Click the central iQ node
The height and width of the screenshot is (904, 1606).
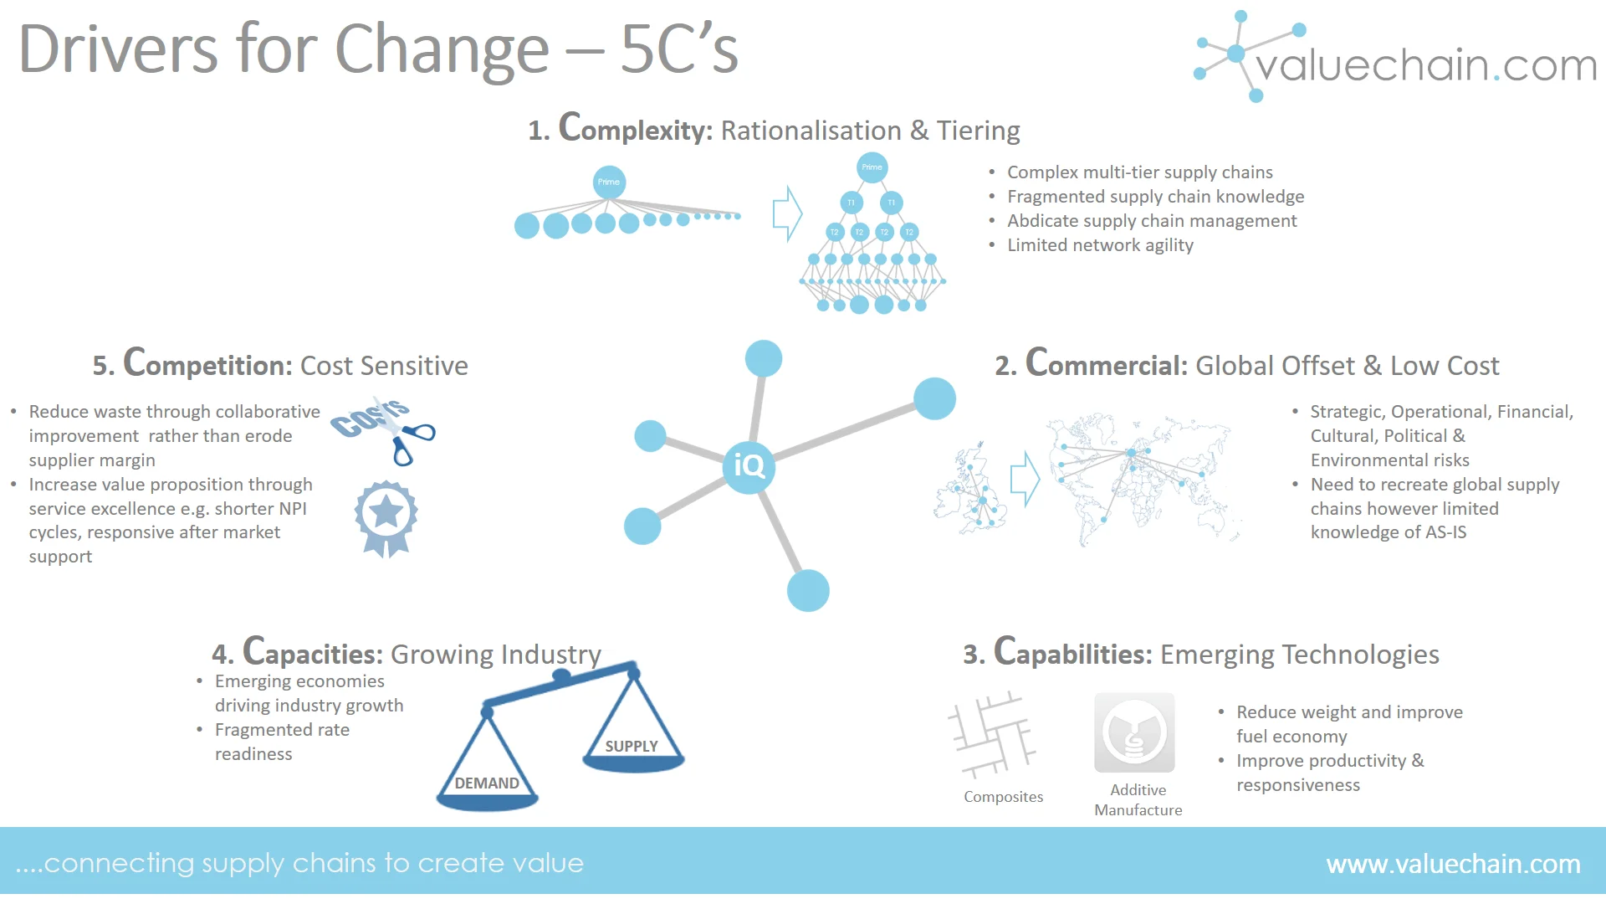[x=749, y=466]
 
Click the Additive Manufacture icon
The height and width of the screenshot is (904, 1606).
[x=1134, y=732]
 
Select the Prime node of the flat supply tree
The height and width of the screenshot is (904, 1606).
[x=609, y=182]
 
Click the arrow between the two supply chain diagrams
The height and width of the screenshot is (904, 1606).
[x=786, y=213]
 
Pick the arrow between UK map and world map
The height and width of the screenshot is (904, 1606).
[x=1025, y=480]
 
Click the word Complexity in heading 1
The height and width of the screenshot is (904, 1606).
[x=636, y=129]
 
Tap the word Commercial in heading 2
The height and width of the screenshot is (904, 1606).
[x=1107, y=364]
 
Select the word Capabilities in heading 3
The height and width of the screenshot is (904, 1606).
[x=1073, y=653]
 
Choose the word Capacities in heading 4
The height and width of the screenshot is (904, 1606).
[x=313, y=653]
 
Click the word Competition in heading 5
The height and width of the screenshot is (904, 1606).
[x=207, y=364]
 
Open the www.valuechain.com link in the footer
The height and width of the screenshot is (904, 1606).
[x=1453, y=863]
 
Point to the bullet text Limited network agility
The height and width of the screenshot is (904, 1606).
[x=1100, y=245]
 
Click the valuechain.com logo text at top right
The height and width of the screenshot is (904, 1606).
[x=1425, y=64]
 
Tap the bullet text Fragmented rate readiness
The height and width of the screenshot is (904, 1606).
[x=282, y=742]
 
